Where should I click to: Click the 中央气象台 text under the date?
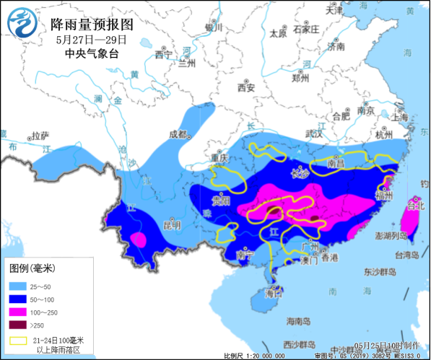[x=90, y=53]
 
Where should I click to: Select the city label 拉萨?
[x=40, y=135]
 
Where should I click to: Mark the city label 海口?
[x=274, y=294]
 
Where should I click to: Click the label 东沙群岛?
[x=377, y=272]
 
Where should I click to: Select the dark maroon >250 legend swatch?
[x=18, y=324]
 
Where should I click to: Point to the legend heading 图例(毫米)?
[x=32, y=268]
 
